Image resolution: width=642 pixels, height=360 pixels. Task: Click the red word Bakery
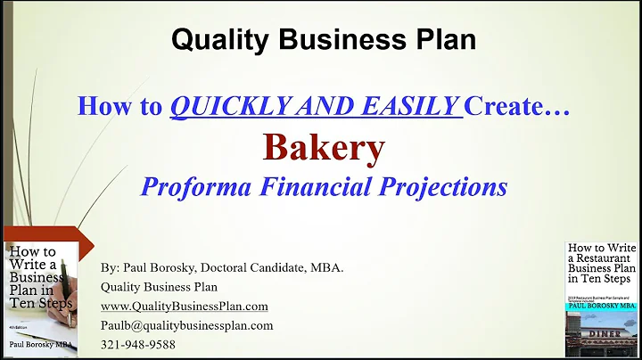point(323,148)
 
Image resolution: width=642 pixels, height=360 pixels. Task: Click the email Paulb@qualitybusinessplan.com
point(186,325)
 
